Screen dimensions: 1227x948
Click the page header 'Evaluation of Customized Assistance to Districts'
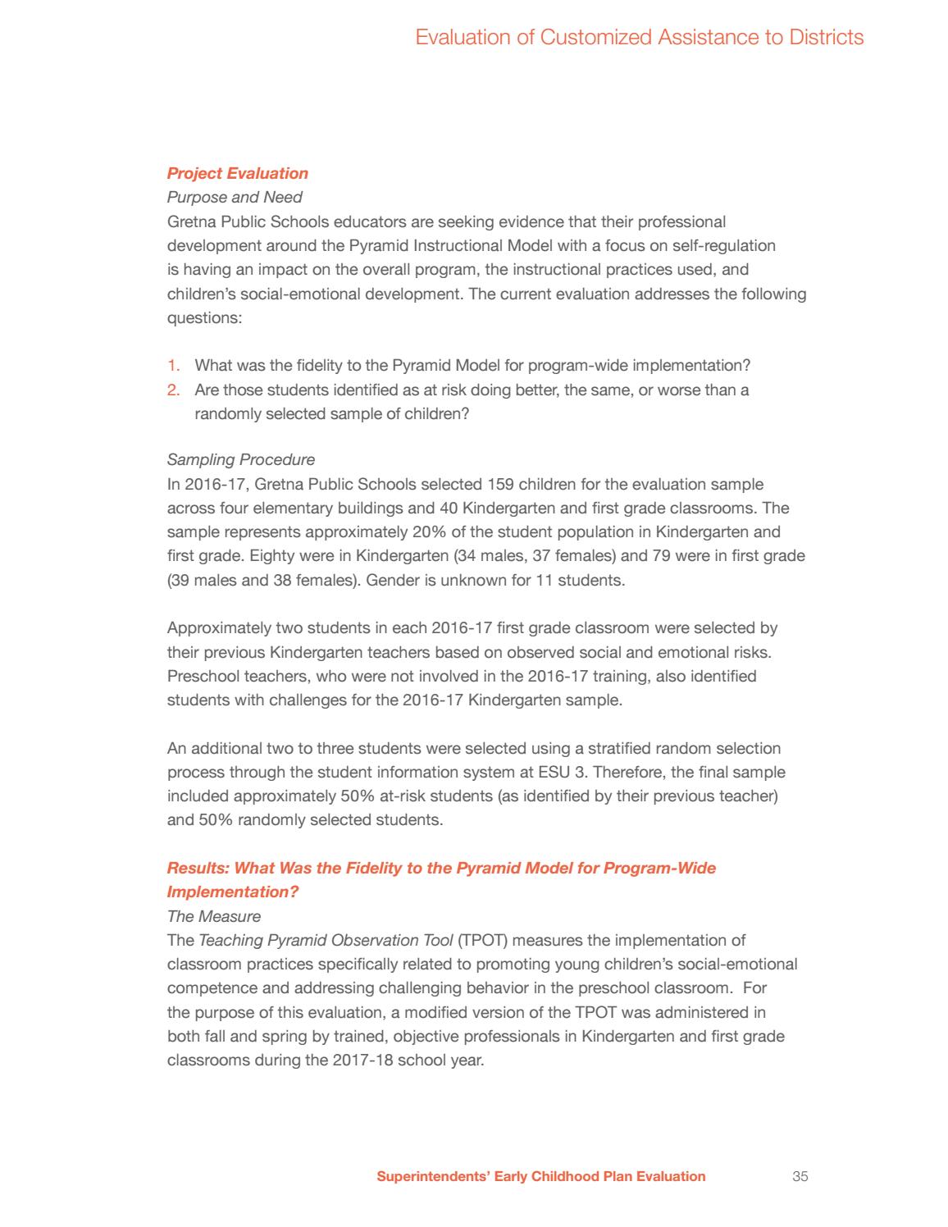[639, 37]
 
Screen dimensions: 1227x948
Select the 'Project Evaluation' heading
[238, 173]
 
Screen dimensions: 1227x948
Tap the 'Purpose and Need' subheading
[235, 198]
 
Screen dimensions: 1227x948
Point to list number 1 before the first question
[173, 366]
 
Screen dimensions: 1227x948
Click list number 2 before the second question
[173, 390]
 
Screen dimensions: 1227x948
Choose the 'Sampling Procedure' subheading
[240, 460]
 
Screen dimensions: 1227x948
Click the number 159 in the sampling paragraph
[501, 485]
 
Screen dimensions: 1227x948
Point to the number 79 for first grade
[640, 556]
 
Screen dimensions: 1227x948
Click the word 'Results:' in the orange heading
[196, 868]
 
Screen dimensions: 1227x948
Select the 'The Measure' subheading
[213, 916]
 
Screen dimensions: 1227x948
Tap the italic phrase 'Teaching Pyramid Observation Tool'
[326, 940]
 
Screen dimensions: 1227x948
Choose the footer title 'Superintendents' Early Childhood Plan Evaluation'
[540, 1176]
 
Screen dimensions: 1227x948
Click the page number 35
[800, 1176]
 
